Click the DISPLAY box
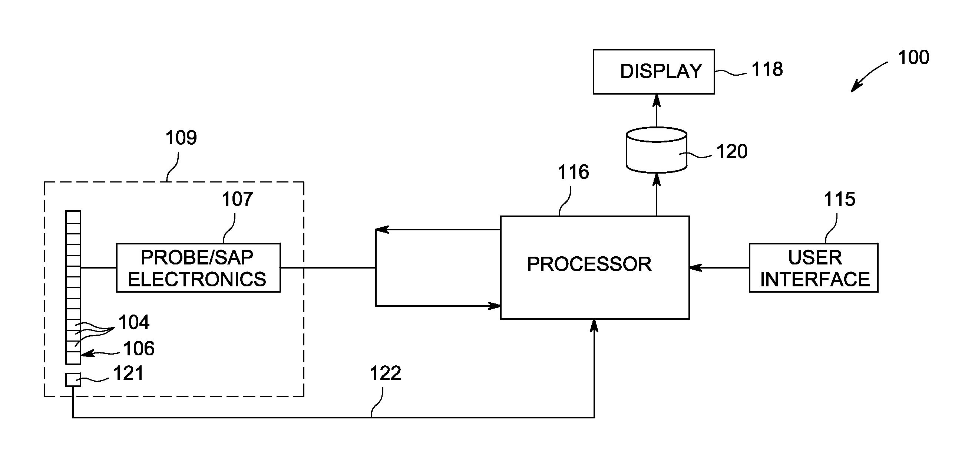(x=654, y=72)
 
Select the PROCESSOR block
(x=595, y=267)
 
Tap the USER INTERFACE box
(x=813, y=268)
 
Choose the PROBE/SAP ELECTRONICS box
(x=198, y=268)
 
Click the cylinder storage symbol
(x=656, y=150)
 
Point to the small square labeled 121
(x=73, y=380)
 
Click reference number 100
(x=913, y=57)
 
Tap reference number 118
(x=767, y=69)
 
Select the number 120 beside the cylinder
(x=731, y=152)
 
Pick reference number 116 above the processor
(x=573, y=172)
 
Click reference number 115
(x=839, y=200)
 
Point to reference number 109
(x=181, y=138)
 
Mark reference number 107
(x=237, y=200)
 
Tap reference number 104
(x=134, y=322)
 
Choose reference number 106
(x=139, y=349)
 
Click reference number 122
(x=386, y=373)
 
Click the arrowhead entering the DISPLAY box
(x=657, y=100)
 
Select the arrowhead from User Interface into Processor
(x=696, y=267)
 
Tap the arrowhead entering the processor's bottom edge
(x=594, y=325)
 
